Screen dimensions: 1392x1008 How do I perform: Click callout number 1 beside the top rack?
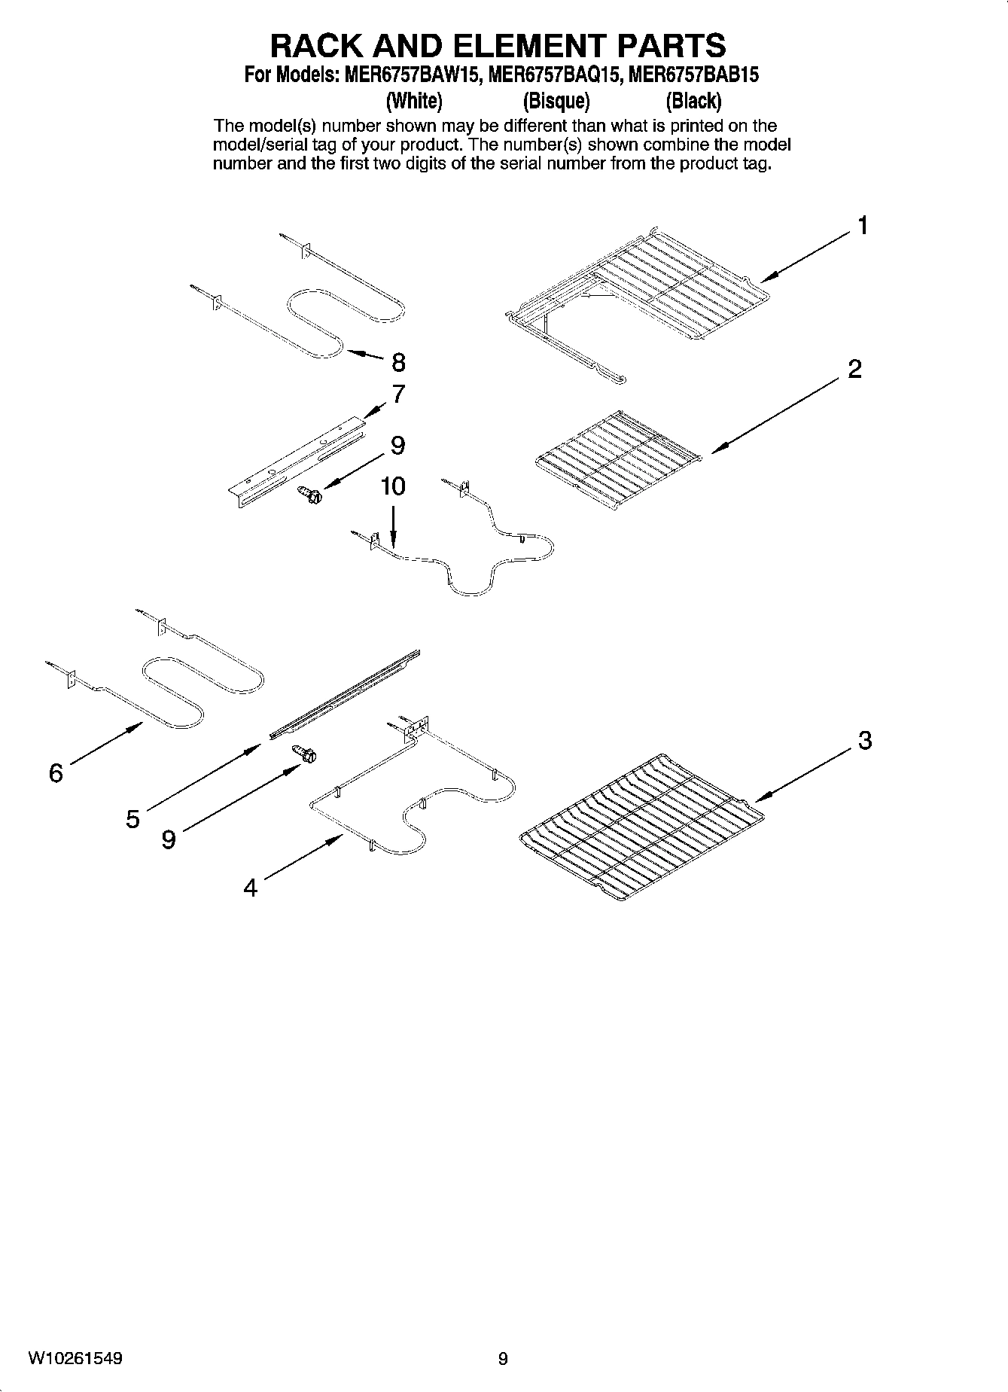(862, 225)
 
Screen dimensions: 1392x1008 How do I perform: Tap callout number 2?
(854, 369)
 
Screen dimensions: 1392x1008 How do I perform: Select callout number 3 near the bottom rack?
(865, 741)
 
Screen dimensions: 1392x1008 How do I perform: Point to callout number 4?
(251, 888)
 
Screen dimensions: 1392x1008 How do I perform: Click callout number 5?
(132, 819)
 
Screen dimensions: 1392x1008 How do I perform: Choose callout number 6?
(56, 772)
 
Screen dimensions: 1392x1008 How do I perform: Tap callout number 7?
(398, 394)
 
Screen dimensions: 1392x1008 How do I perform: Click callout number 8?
(398, 363)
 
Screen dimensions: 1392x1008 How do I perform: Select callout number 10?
(393, 486)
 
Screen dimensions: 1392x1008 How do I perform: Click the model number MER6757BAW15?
(412, 75)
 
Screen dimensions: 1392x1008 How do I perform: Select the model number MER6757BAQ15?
(555, 75)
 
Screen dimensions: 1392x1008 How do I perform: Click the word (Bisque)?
(556, 101)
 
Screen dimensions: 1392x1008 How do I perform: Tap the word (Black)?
(693, 101)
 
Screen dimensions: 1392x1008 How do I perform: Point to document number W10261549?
(75, 1358)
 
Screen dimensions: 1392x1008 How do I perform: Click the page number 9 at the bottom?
(503, 1359)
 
